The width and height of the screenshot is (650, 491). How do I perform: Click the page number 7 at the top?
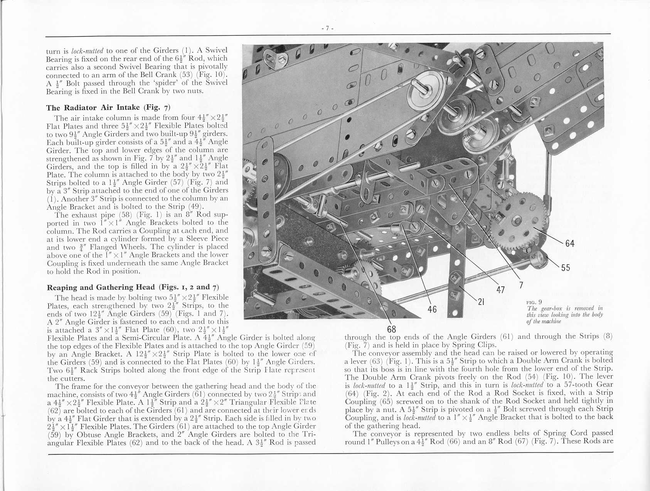[x=327, y=28]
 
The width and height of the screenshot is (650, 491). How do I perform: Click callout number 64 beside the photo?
[x=570, y=243]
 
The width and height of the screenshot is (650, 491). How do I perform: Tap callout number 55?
[x=565, y=268]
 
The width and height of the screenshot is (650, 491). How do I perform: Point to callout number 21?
[x=481, y=302]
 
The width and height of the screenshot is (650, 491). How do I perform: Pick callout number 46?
[x=433, y=309]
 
